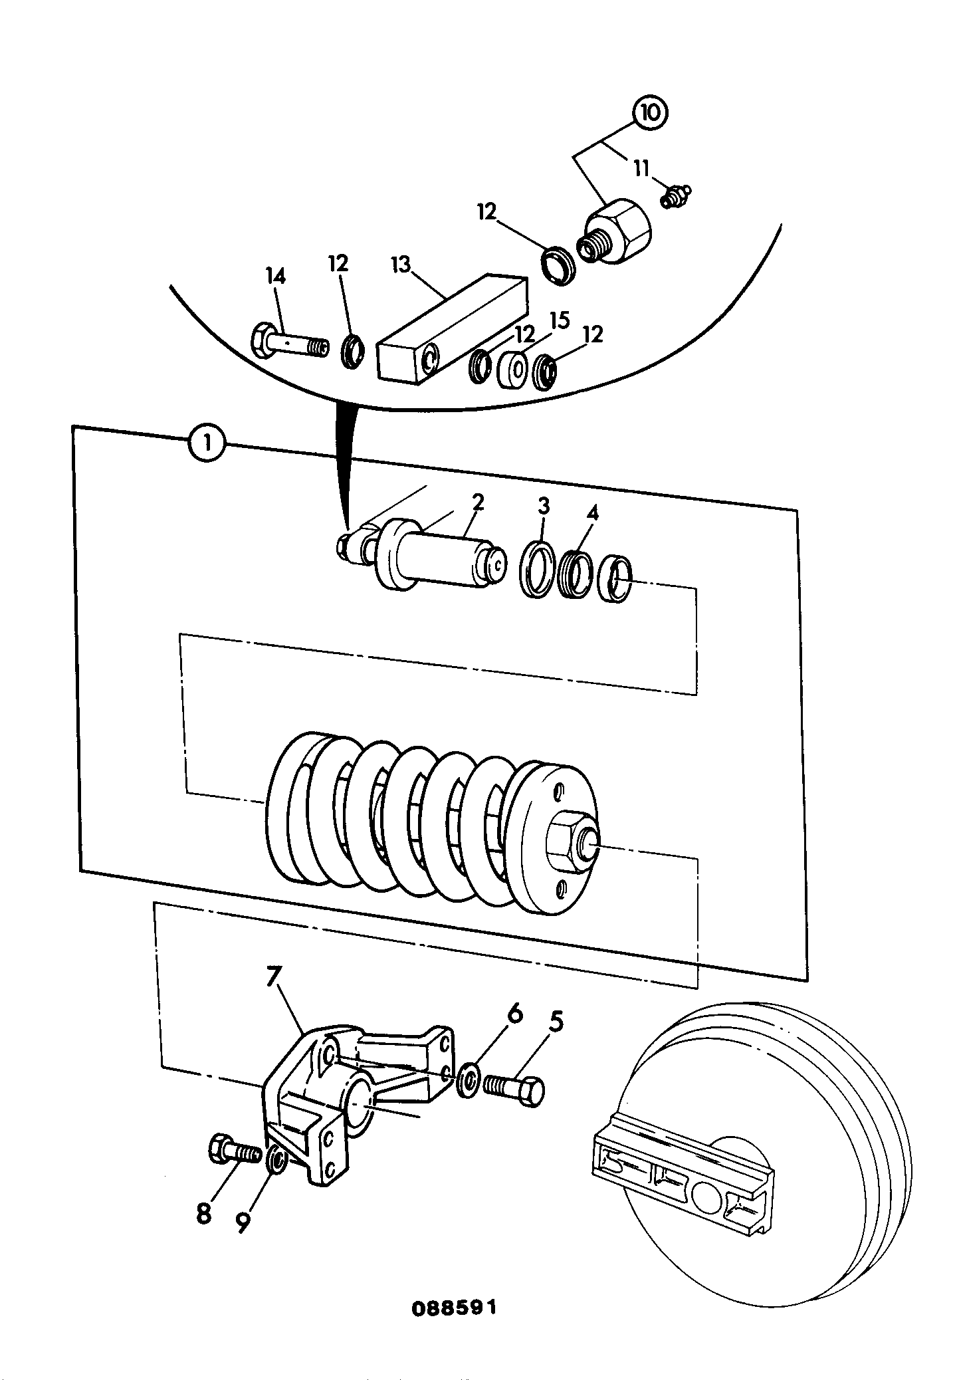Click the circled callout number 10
pos(651,113)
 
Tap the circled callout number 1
pos(207,443)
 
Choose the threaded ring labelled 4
pos(576,572)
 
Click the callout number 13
pos(403,266)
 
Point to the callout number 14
pos(275,275)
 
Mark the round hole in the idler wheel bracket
pos(706,1193)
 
